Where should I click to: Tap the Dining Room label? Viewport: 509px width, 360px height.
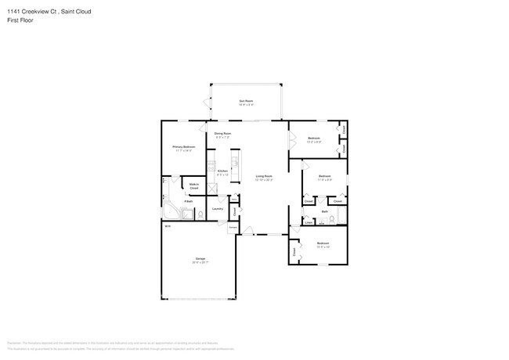click(x=223, y=135)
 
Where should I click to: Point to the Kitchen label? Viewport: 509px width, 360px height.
click(x=222, y=171)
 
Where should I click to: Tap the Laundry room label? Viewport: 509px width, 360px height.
click(x=218, y=208)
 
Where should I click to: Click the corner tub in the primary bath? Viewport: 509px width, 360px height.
click(x=169, y=212)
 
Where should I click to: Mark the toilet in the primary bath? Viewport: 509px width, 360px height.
click(x=200, y=213)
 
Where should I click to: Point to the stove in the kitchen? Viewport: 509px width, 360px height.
click(x=211, y=166)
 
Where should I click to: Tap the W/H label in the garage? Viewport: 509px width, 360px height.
click(x=167, y=226)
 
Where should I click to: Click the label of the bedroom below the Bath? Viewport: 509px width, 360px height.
click(x=323, y=244)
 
